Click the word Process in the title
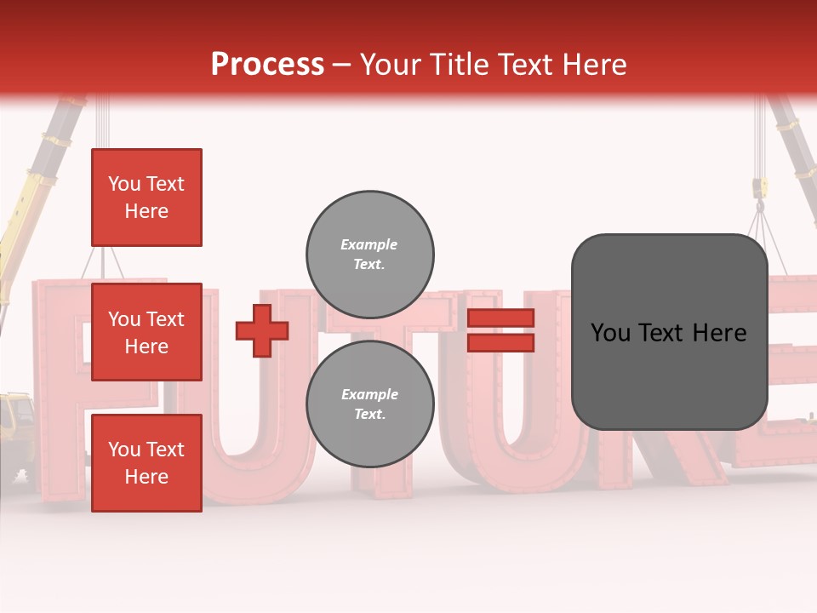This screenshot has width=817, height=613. pyautogui.click(x=267, y=65)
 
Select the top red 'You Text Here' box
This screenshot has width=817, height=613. pyautogui.click(x=146, y=198)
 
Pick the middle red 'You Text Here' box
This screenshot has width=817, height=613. pyautogui.click(x=146, y=332)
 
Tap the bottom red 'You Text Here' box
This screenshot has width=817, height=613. pyautogui.click(x=146, y=463)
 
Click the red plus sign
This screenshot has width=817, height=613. pyautogui.click(x=262, y=330)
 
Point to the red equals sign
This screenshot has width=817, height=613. pyautogui.click(x=501, y=330)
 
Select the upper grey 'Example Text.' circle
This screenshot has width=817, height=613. pyautogui.click(x=370, y=254)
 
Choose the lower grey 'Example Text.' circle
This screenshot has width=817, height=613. pyautogui.click(x=370, y=404)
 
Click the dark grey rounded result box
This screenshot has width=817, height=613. pyautogui.click(x=669, y=332)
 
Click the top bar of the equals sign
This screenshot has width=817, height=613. pyautogui.click(x=501, y=318)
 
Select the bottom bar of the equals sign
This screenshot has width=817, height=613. pyautogui.click(x=501, y=342)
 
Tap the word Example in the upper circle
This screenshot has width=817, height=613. pyautogui.click(x=369, y=244)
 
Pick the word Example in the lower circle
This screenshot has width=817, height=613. pyautogui.click(x=369, y=394)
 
